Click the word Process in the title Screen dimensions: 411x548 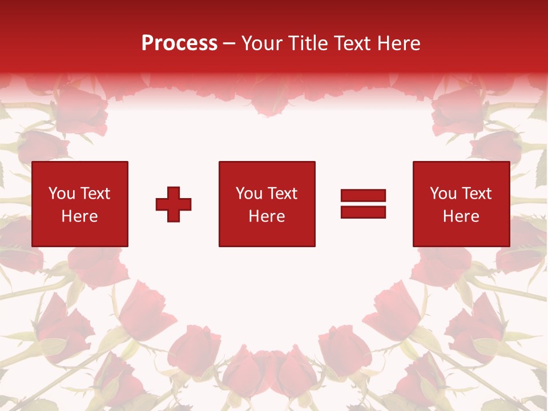pyautogui.click(x=179, y=43)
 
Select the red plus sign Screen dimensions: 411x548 pyautogui.click(x=174, y=204)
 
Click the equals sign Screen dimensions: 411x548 pyautogui.click(x=363, y=204)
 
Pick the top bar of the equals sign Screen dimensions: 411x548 pyautogui.click(x=363, y=196)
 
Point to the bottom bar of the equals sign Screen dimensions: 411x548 pyautogui.click(x=363, y=212)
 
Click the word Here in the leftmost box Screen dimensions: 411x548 pyautogui.click(x=79, y=216)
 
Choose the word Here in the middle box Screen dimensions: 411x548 pyautogui.click(x=267, y=216)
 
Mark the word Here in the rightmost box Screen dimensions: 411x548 pyautogui.click(x=461, y=216)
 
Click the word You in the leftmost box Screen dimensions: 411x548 pyautogui.click(x=61, y=194)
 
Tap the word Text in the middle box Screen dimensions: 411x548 pyautogui.click(x=282, y=194)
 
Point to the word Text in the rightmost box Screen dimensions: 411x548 pyautogui.click(x=476, y=194)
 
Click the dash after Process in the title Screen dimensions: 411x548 pyautogui.click(x=229, y=44)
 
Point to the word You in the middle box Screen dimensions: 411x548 pyautogui.click(x=248, y=194)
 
